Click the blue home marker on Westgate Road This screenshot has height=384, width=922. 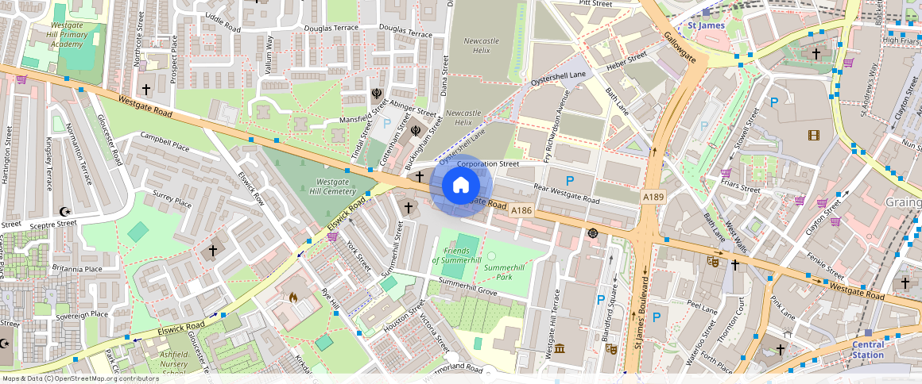461,185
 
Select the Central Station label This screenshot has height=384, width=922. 867,350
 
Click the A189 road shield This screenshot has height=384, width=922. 653,196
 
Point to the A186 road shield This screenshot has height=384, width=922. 521,210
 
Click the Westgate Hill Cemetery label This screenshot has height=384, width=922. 332,186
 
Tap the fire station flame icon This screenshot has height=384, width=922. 292,298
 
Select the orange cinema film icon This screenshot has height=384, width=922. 813,135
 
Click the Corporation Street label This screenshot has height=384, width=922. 487,164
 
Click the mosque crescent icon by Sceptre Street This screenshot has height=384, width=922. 65,212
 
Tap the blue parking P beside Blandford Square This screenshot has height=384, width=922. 601,299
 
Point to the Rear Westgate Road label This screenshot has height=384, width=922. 566,194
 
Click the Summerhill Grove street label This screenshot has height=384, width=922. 467,287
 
